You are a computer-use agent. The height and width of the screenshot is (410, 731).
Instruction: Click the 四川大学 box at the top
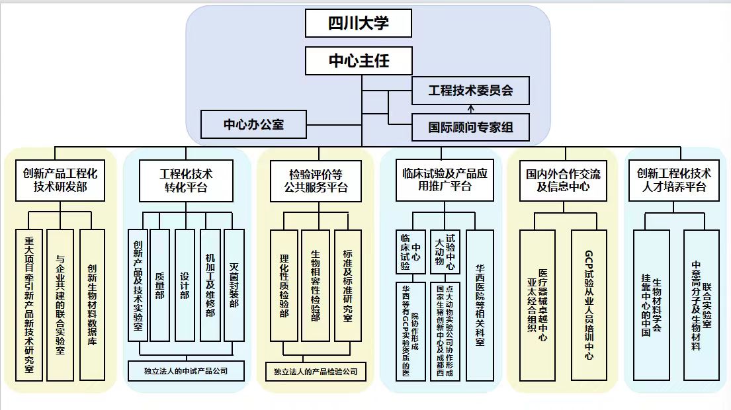pos(359,24)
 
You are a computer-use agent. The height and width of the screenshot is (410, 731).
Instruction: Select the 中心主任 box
pos(359,61)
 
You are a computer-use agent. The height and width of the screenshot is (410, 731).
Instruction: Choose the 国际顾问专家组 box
pos(470,127)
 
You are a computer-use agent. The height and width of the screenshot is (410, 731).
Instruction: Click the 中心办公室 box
pos(253,124)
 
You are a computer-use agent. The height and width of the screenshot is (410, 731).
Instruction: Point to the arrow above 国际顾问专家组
pos(470,108)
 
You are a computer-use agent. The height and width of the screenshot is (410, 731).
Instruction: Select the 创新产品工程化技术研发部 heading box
pos(60,181)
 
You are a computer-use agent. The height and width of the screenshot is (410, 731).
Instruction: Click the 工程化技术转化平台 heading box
pos(186,181)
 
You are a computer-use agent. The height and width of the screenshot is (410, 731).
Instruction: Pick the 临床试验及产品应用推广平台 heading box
pos(445,180)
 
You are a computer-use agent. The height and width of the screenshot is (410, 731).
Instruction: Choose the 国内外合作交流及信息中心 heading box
pos(563,181)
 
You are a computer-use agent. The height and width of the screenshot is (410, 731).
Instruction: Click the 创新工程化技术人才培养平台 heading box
pos(673,181)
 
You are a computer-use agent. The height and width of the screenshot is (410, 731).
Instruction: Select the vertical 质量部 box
pos(160,285)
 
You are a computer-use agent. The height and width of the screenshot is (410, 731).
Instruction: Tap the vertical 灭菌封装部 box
pos(234,285)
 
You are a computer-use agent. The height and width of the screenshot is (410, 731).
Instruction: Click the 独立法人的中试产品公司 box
pos(186,371)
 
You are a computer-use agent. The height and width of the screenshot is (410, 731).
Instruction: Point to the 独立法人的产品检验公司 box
pos(316,372)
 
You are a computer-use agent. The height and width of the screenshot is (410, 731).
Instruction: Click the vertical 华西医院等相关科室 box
pos(480,305)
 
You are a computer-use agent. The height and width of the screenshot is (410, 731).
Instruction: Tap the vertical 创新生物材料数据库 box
pos(92,305)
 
